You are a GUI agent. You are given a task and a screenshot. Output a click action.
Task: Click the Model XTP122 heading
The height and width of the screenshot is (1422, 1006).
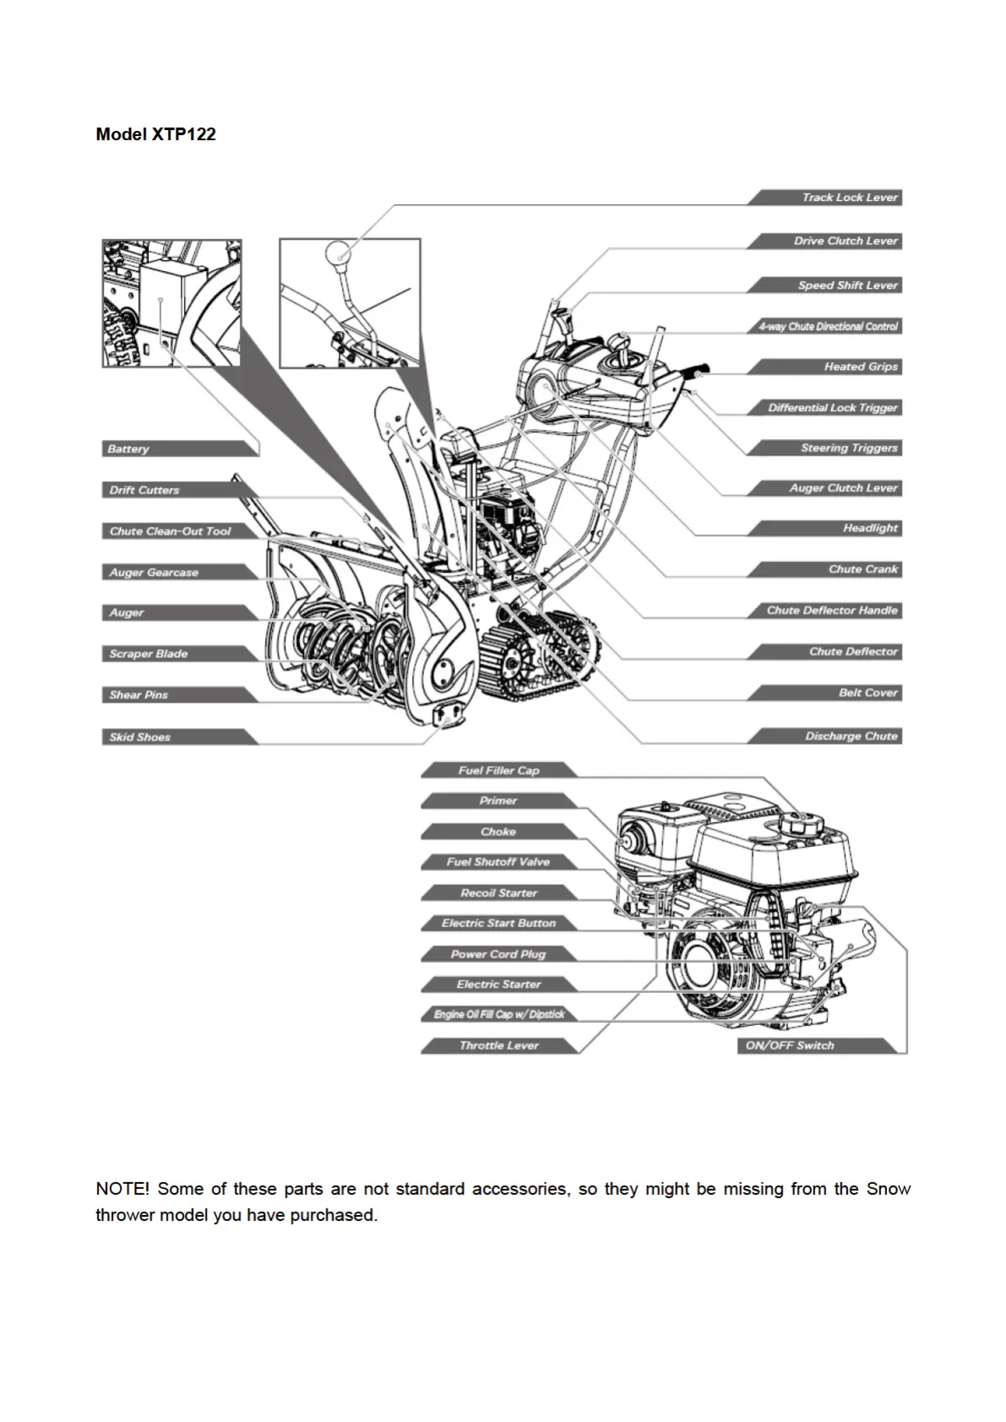click(155, 134)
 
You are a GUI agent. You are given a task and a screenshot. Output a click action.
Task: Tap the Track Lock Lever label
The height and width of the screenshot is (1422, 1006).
click(849, 198)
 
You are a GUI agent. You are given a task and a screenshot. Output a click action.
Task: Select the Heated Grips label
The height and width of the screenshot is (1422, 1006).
click(860, 366)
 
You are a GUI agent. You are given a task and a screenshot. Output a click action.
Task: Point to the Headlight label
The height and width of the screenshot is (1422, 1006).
click(870, 529)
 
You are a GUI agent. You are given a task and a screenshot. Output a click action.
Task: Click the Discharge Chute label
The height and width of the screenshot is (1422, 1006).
click(851, 736)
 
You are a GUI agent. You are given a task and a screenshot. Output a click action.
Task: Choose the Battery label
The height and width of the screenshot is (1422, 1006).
click(128, 449)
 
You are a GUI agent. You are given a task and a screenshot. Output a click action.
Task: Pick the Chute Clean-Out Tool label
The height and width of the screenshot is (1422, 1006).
click(170, 531)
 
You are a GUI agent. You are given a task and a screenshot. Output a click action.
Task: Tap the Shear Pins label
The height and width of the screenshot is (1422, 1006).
click(139, 695)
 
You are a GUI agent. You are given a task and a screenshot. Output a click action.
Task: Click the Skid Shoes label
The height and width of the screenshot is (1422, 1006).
click(140, 737)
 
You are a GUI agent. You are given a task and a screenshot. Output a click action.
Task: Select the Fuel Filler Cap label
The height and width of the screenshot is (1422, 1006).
click(498, 770)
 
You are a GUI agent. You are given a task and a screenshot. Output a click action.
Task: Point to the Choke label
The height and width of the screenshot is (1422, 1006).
click(498, 832)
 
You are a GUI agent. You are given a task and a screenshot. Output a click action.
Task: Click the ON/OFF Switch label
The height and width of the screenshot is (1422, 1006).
click(790, 1045)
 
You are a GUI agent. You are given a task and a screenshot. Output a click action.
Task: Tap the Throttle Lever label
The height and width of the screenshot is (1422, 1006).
click(498, 1045)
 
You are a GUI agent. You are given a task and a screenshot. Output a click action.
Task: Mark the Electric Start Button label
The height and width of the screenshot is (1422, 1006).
click(498, 923)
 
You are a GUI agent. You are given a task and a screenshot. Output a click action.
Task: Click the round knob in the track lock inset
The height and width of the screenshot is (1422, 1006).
click(339, 252)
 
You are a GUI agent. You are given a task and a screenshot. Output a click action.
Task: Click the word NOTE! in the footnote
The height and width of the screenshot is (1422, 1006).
click(122, 1189)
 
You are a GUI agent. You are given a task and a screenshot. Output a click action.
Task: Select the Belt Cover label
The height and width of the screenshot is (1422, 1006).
click(868, 693)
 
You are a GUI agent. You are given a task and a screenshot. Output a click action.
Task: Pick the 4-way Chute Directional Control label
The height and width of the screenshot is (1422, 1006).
click(828, 327)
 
